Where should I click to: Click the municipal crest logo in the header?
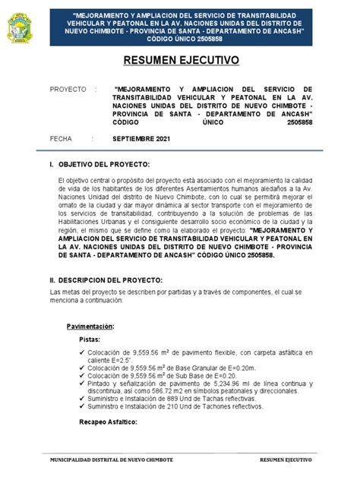pyautogui.click(x=20, y=27)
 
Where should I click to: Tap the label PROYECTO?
pyautogui.click(x=68, y=89)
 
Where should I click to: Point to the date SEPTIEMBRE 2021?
pyautogui.click(x=142, y=139)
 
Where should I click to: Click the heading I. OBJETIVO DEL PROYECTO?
pyautogui.click(x=99, y=165)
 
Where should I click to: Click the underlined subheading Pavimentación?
pyautogui.click(x=90, y=326)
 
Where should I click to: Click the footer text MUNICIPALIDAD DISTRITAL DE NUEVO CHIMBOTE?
pyautogui.click(x=111, y=460)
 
